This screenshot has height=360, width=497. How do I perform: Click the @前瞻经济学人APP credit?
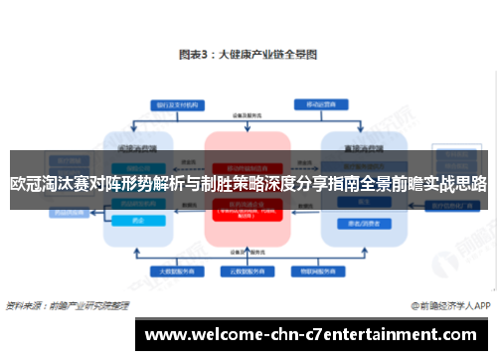[x=447, y=306]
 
